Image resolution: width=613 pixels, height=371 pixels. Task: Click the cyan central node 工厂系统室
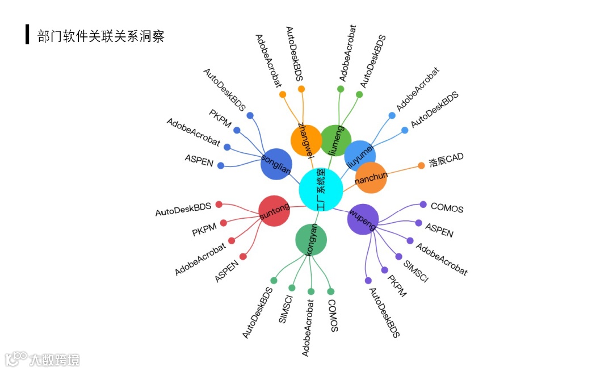(321, 190)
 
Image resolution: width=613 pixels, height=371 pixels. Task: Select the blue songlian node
(276, 164)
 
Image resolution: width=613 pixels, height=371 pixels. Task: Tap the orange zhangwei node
(306, 140)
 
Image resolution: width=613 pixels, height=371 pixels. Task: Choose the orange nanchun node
(371, 178)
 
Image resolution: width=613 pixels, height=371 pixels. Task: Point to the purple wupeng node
(363, 219)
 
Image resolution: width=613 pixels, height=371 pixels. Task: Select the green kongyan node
(311, 240)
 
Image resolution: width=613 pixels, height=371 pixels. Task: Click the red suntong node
(274, 211)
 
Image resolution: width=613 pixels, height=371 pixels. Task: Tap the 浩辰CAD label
(446, 160)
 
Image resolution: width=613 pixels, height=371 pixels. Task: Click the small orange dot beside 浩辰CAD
(421, 166)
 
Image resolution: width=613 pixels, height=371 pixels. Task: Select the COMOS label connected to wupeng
(447, 208)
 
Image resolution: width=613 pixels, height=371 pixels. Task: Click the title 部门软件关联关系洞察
(101, 37)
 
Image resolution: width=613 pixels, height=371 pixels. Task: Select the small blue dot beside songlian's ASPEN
(221, 165)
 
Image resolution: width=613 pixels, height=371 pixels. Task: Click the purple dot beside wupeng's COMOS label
(423, 205)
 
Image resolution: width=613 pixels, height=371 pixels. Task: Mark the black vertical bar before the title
(27, 35)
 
